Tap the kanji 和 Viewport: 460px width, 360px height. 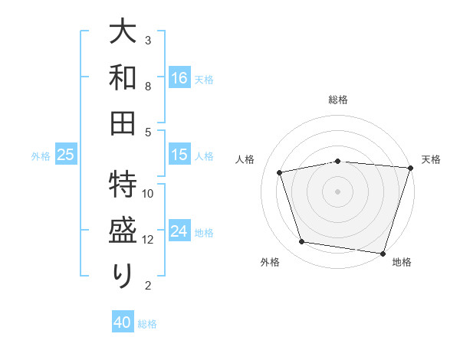click(x=123, y=78)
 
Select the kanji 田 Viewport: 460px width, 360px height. click(x=123, y=123)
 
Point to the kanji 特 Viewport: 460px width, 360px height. click(x=123, y=185)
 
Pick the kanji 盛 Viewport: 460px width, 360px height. click(x=123, y=231)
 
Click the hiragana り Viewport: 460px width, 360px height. click(x=123, y=276)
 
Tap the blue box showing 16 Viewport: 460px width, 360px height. click(x=179, y=77)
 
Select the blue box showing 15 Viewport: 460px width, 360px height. click(x=179, y=155)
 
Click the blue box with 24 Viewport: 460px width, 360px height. click(x=179, y=231)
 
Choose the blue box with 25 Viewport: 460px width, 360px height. click(x=65, y=155)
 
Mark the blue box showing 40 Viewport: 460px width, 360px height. click(x=123, y=322)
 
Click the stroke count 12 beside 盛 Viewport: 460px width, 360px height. click(x=149, y=240)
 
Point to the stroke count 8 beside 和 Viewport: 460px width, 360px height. click(x=149, y=87)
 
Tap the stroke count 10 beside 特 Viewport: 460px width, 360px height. click(x=149, y=194)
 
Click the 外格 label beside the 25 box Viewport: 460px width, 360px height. click(x=41, y=156)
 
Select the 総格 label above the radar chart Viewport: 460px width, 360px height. click(x=338, y=100)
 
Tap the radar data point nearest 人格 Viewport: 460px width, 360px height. click(x=280, y=172)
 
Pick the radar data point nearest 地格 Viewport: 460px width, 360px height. click(x=382, y=253)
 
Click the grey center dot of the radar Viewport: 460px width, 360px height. click(x=338, y=191)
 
